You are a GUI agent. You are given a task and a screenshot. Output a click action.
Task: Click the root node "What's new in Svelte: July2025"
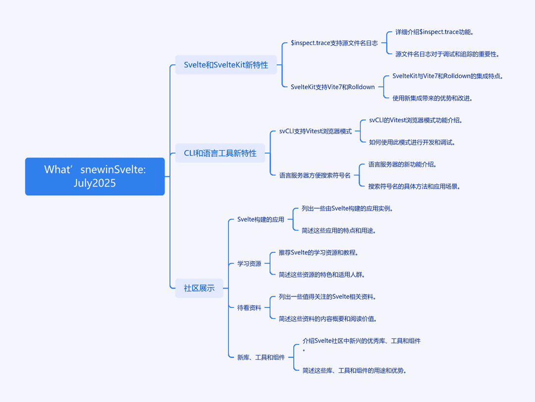point(95,176)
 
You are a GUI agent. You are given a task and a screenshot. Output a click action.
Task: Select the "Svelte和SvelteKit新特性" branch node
point(226,65)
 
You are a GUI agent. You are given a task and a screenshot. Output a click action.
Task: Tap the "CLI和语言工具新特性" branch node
point(220,153)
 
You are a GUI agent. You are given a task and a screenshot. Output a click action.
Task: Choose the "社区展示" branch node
point(199,288)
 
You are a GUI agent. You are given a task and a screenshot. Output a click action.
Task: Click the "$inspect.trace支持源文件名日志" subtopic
point(334,43)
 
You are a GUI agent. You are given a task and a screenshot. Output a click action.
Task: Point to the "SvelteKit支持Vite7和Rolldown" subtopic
point(333,87)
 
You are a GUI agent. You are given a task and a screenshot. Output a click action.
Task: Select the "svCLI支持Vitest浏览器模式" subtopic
point(316,131)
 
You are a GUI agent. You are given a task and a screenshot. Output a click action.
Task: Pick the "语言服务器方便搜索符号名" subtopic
point(315,175)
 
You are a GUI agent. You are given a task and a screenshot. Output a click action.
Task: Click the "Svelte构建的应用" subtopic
point(261,219)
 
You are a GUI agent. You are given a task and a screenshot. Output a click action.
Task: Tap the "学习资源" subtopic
point(249,264)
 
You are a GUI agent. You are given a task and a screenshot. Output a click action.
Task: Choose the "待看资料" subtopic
point(249,308)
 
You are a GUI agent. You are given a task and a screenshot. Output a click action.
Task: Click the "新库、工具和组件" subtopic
point(261,357)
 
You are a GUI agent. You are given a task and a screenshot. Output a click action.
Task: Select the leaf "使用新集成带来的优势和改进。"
point(432,98)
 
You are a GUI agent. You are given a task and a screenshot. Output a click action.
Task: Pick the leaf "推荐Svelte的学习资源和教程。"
point(319,253)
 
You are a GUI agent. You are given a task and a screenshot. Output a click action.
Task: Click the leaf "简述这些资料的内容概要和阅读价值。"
point(328,319)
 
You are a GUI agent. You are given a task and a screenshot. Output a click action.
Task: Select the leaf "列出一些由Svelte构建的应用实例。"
point(347,209)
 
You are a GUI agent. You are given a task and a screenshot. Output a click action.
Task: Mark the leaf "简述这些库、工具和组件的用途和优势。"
point(355,371)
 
